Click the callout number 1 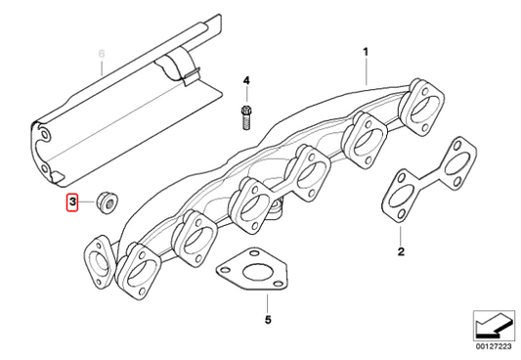(366, 52)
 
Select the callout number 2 (401, 251)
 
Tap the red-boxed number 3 (72, 202)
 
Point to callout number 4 (246, 80)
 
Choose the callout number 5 (268, 320)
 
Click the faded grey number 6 (102, 54)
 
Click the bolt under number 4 (246, 117)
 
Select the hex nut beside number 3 (108, 202)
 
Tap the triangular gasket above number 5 (252, 270)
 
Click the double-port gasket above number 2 (429, 179)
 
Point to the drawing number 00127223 (494, 346)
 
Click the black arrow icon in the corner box (493, 325)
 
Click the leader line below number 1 (367, 71)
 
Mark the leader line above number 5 (267, 303)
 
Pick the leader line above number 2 (401, 236)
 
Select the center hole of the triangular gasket (255, 272)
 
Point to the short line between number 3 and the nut (87, 202)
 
